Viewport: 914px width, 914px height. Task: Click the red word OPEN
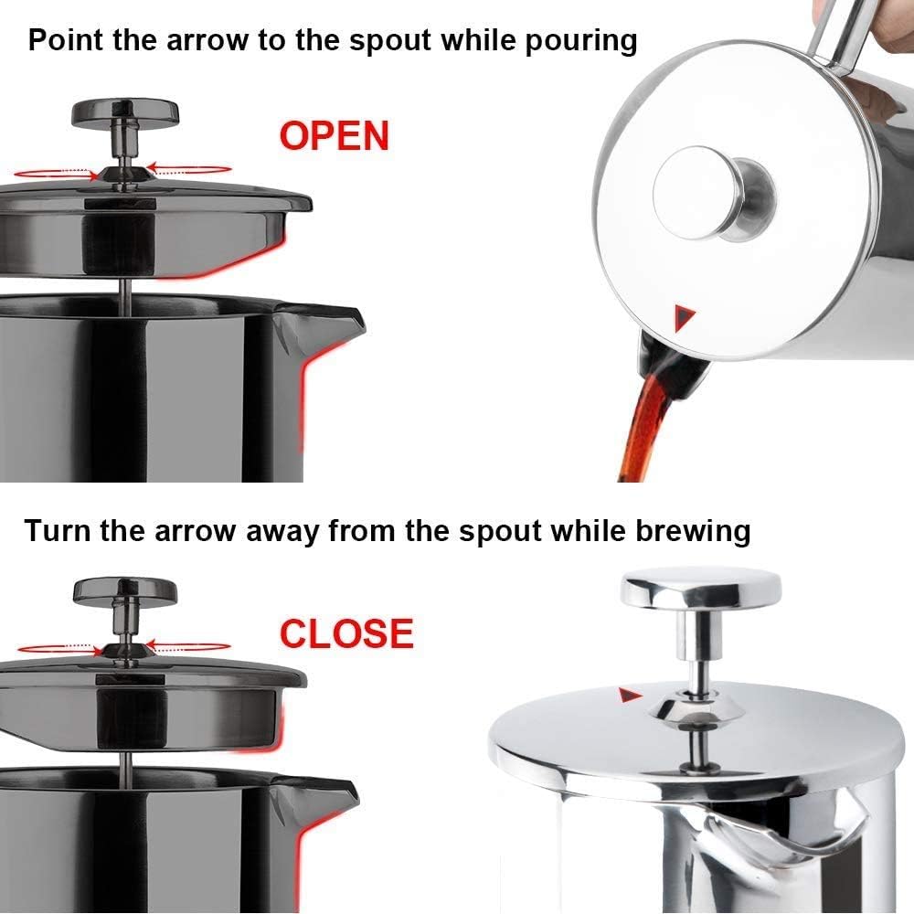click(x=335, y=136)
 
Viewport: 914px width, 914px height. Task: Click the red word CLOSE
click(x=346, y=633)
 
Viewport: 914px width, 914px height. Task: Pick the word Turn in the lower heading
click(x=57, y=531)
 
